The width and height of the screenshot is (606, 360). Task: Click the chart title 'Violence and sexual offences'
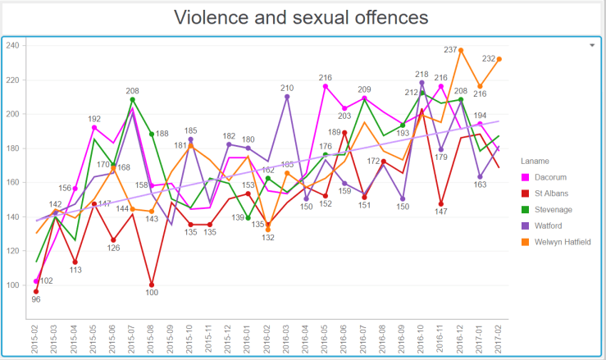303,17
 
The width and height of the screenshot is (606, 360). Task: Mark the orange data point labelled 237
461,50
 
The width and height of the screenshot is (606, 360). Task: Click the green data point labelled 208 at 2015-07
132,100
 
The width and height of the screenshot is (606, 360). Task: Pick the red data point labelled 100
152,285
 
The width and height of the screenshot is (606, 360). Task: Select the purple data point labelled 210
287,97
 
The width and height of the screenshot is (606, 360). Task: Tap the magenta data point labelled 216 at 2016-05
326,86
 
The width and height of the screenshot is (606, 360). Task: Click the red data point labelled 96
35,291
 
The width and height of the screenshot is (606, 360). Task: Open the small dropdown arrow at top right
592,46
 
